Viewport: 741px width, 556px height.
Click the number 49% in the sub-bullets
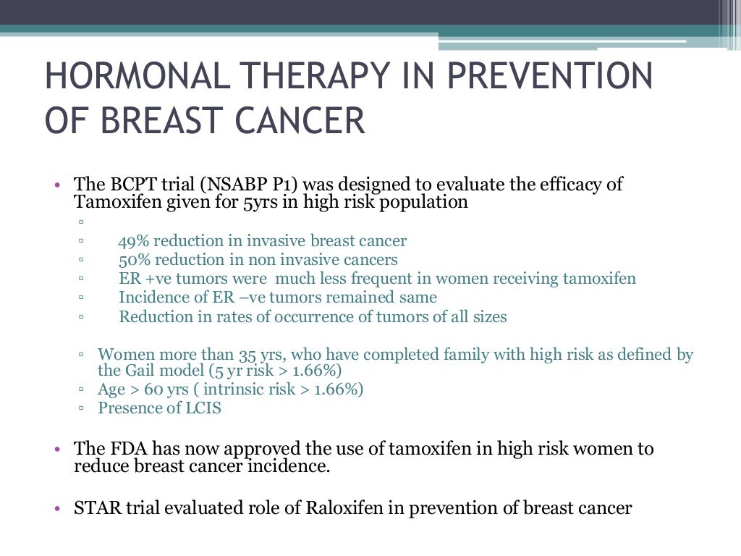click(134, 241)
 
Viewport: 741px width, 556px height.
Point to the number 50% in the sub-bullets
click(134, 260)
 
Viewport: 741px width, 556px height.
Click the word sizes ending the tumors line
click(486, 316)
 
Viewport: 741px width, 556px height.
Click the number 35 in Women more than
click(246, 355)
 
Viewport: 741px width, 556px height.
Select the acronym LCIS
click(202, 408)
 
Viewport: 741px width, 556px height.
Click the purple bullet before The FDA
click(57, 450)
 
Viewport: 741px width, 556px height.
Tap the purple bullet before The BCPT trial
click(57, 185)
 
